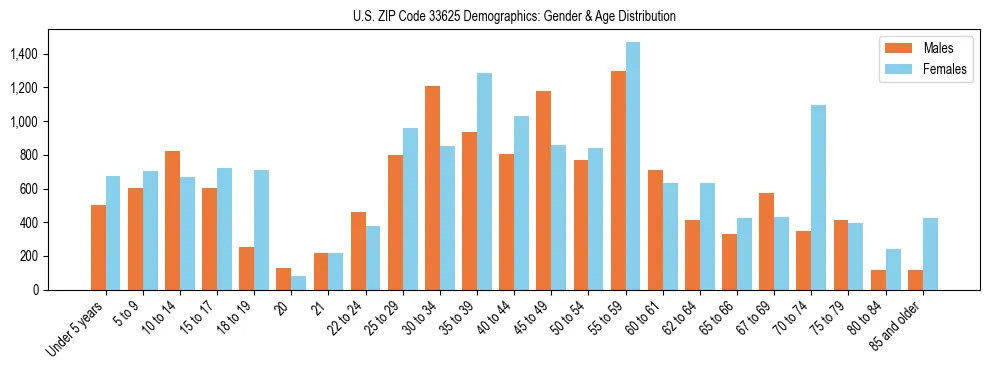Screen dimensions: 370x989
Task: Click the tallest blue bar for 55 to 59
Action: (x=633, y=166)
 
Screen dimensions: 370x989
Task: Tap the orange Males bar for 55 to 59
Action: (x=618, y=180)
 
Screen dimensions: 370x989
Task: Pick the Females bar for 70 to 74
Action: (x=819, y=197)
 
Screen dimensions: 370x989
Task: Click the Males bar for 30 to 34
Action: (x=432, y=188)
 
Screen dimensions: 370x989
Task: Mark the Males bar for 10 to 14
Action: (x=172, y=220)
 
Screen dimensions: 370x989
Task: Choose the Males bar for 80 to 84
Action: (x=878, y=280)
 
